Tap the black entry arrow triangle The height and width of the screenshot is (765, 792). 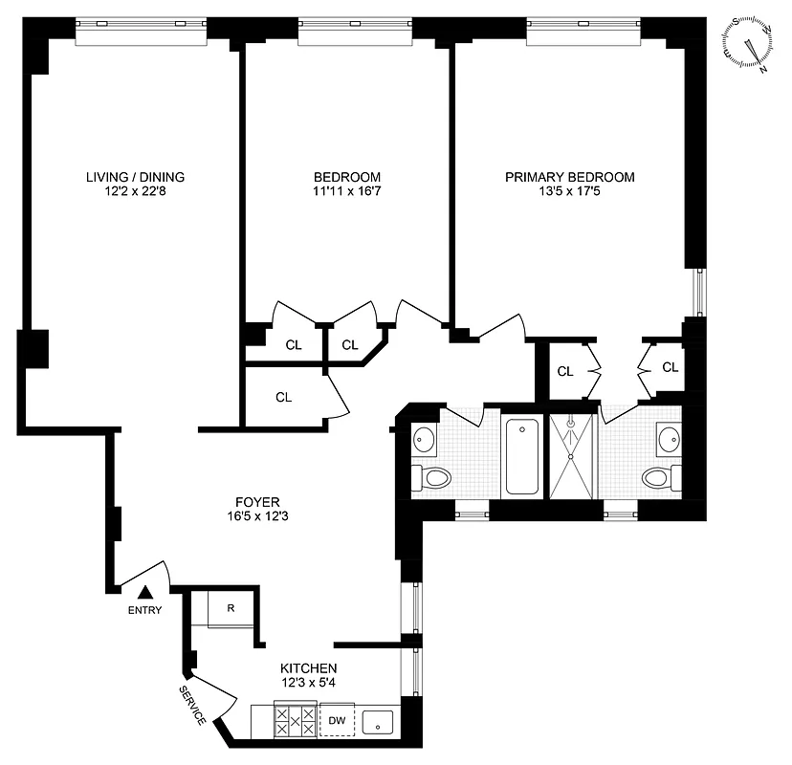[x=145, y=594]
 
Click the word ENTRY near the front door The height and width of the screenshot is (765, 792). [x=145, y=611]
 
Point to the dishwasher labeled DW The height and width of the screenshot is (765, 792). [x=337, y=720]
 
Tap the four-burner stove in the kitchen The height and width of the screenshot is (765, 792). [x=295, y=719]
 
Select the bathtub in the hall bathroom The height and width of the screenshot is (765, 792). [x=522, y=455]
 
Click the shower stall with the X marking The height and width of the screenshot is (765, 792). [x=571, y=455]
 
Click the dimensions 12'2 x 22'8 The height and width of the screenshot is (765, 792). [x=135, y=192]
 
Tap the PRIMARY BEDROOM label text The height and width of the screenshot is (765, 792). [x=569, y=177]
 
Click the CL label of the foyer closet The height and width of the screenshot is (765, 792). [x=283, y=397]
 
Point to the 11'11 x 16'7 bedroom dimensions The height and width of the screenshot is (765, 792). [x=347, y=192]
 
